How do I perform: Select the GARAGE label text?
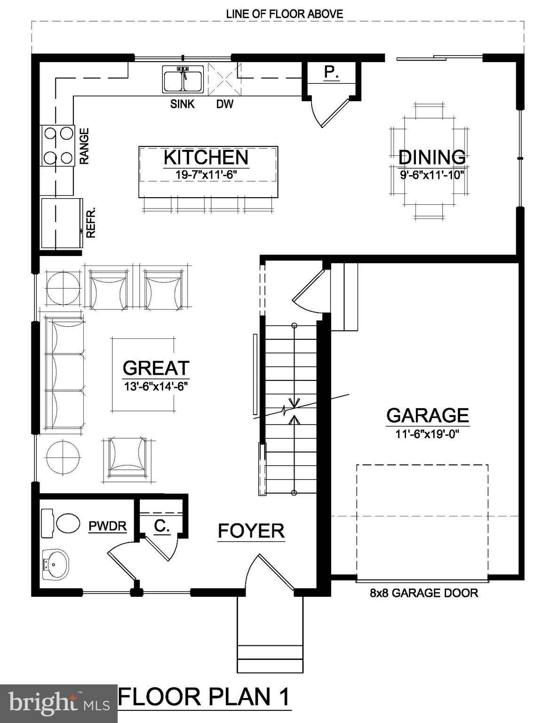[427, 415]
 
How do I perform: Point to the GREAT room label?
[156, 368]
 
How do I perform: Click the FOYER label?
[251, 530]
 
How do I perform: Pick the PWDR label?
[108, 526]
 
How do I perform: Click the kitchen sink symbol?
[183, 79]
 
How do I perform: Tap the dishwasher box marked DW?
[224, 80]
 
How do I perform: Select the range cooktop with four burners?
[58, 145]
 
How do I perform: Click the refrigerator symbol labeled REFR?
[61, 223]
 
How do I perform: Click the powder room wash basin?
[56, 564]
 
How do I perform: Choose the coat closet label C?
[162, 526]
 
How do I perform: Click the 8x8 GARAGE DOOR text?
[423, 593]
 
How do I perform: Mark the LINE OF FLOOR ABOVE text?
[284, 14]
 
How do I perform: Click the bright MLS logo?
[58, 703]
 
